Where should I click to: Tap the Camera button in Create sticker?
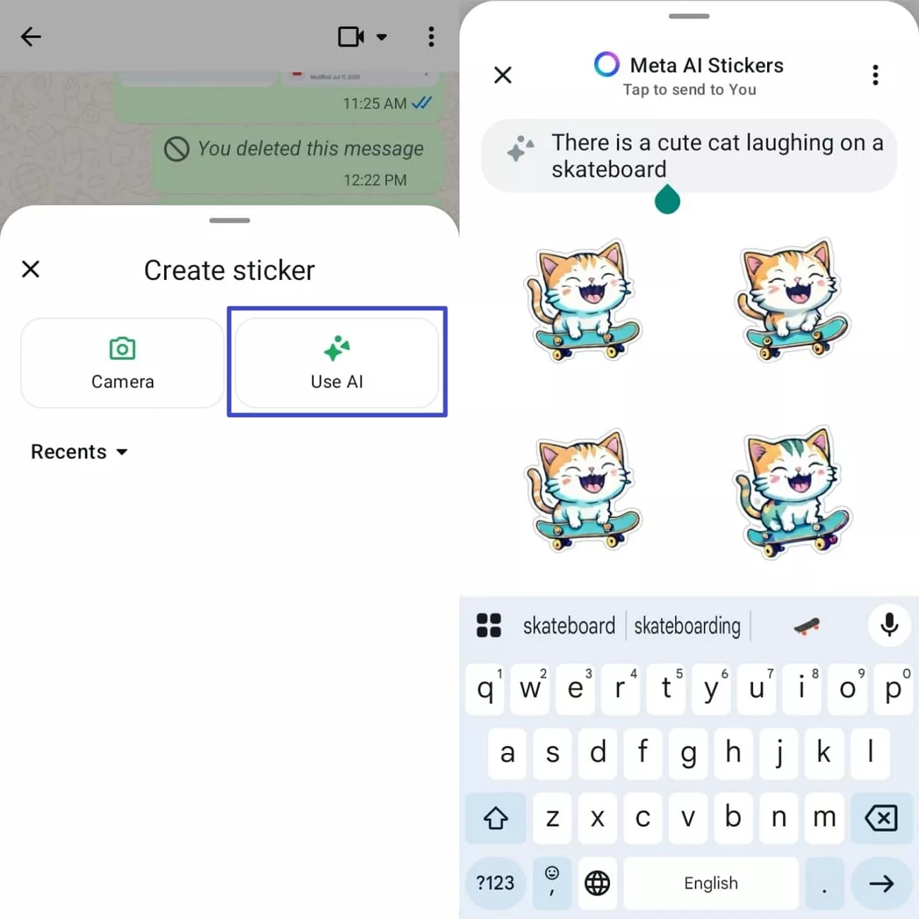point(122,363)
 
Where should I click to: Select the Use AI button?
point(336,363)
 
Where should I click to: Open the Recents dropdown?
point(79,452)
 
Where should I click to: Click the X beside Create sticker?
point(30,269)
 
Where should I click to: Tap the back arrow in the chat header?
point(31,37)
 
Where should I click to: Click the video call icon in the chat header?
point(351,37)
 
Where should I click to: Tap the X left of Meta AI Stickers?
point(503,75)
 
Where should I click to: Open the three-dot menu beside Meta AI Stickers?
point(875,75)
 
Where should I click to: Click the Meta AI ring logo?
point(607,64)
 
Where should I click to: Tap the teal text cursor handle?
point(667,200)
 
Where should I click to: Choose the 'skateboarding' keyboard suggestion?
point(687,626)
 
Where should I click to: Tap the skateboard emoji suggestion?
point(807,626)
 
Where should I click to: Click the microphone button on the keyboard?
point(889,625)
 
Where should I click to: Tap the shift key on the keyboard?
point(496,818)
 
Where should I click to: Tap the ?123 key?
point(495,883)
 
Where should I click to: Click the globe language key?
point(597,883)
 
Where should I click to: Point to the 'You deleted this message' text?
point(310,148)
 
